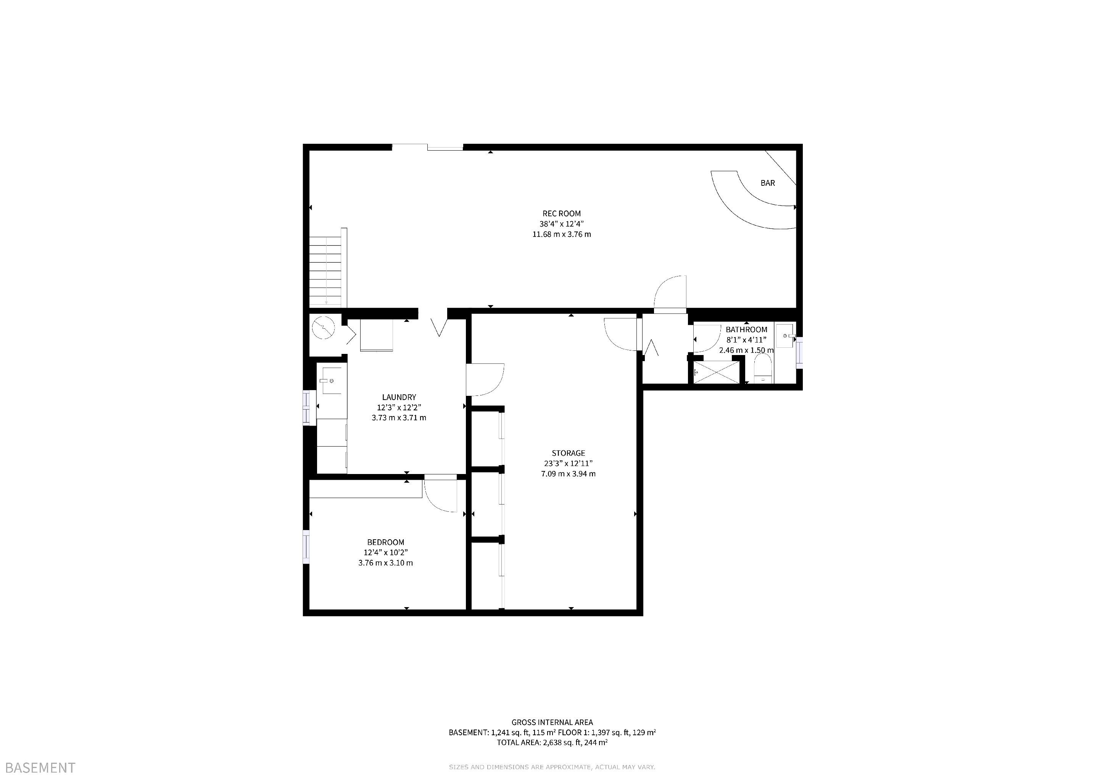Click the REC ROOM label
coord(562,214)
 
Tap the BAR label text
coord(768,183)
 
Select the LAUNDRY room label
coord(399,397)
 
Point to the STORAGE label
coord(569,453)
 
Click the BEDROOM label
coord(385,542)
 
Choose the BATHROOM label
coord(746,329)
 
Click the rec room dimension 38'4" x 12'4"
coord(562,223)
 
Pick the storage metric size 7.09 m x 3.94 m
coord(569,474)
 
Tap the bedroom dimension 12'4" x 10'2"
coord(385,553)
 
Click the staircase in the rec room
coord(327,269)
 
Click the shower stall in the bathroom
coord(716,372)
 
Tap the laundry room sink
coord(331,381)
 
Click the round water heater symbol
coord(324,328)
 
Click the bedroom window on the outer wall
coord(306,546)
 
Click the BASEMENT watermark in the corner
coord(40,768)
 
